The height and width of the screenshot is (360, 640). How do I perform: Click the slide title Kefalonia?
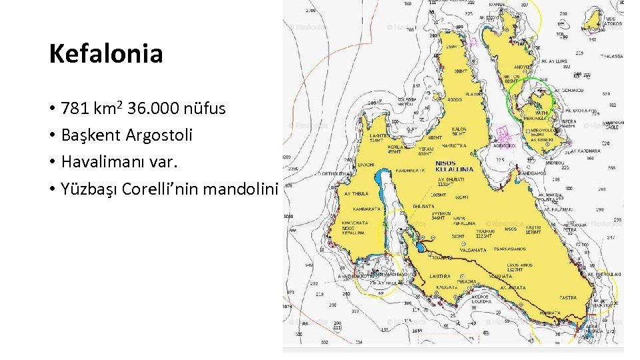(106, 54)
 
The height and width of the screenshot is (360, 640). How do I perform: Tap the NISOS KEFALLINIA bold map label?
(454, 165)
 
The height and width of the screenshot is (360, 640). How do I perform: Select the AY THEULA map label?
(357, 194)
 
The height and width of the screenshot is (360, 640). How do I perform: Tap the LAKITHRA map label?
(440, 275)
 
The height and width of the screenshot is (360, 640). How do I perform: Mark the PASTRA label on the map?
(568, 297)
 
